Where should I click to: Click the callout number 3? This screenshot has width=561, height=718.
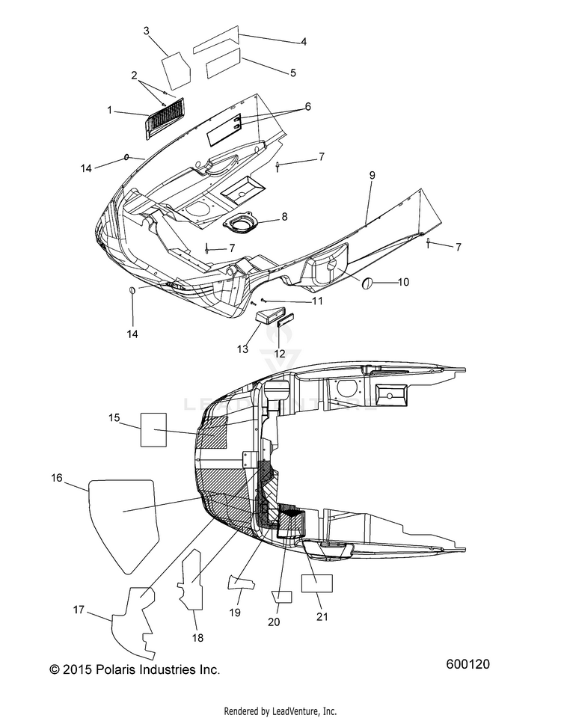(x=146, y=31)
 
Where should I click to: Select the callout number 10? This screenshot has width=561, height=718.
(x=403, y=282)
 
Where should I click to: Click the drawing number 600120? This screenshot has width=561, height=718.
(x=468, y=664)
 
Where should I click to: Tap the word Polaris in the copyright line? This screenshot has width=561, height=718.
(x=116, y=669)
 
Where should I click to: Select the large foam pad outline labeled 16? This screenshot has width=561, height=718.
(x=123, y=526)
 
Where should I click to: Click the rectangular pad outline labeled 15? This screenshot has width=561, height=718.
(x=153, y=429)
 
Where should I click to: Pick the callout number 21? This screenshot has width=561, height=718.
(x=322, y=616)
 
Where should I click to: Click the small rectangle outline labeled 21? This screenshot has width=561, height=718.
(x=316, y=583)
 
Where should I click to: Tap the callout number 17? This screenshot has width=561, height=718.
(x=79, y=610)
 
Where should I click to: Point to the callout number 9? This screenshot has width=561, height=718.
(x=373, y=175)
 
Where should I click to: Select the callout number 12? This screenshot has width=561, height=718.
(x=279, y=354)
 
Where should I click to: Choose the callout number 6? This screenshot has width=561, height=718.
(x=307, y=106)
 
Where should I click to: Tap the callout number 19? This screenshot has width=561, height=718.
(x=235, y=613)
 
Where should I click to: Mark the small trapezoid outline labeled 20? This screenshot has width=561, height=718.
(x=282, y=597)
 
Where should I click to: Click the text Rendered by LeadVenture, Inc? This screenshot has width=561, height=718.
(x=280, y=711)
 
